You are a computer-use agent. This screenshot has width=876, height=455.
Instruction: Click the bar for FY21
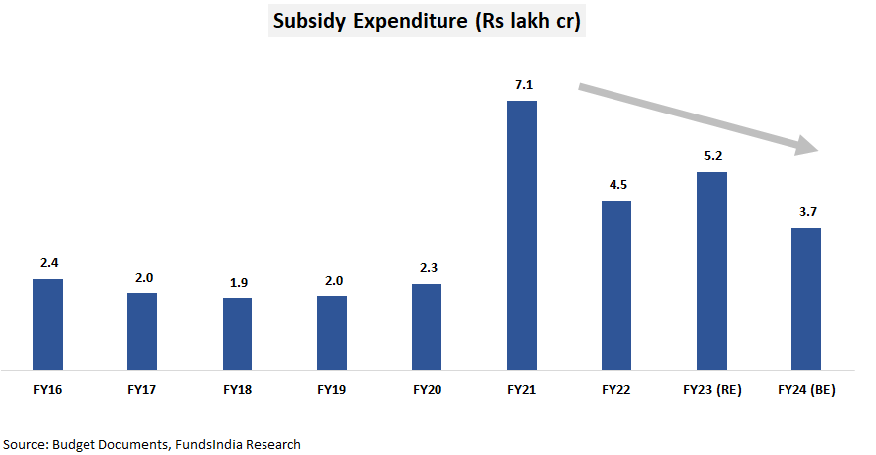[522, 235]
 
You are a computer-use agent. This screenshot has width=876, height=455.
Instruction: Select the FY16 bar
[48, 324]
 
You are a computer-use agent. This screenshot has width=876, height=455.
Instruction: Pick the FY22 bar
[616, 285]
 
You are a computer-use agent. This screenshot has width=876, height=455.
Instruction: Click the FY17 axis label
[142, 390]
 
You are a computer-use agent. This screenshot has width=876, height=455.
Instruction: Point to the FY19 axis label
[332, 390]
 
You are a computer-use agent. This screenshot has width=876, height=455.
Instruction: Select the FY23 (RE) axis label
[711, 390]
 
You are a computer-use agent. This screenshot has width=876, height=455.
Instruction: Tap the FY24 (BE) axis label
[805, 390]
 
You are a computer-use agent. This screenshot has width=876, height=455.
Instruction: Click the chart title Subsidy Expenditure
[427, 20]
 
